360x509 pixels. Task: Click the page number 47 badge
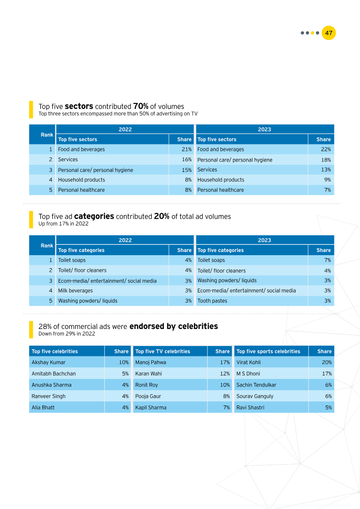328,33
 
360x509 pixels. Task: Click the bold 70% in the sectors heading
140,107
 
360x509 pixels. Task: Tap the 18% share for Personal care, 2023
326,160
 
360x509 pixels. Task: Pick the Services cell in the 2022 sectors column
68,159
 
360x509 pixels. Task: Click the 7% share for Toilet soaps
328,260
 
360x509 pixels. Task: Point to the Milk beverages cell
76,291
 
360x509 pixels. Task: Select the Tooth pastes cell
212,301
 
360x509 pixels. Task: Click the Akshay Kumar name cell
49,362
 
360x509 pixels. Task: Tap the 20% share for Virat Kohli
327,362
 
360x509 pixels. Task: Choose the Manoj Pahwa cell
151,362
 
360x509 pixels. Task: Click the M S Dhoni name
248,374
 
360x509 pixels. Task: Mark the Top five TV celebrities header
163,351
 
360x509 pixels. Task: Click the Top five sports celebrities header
268,351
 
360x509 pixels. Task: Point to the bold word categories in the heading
94,216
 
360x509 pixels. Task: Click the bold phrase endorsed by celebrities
174,326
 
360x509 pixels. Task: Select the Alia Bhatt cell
43,407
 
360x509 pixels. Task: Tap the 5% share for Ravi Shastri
328,407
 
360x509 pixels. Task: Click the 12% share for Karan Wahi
225,374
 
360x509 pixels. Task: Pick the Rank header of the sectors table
47,135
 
